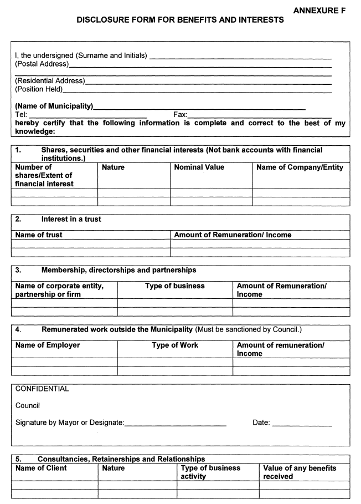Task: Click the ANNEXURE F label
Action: click(319, 11)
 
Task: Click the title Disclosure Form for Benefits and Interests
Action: click(180, 20)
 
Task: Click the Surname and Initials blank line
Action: click(240, 58)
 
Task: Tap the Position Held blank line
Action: click(197, 91)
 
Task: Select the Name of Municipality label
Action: click(54, 106)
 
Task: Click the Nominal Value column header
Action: click(199, 167)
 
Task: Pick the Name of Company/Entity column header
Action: click(300, 167)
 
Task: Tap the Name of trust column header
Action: click(39, 235)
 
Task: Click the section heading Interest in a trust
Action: click(71, 219)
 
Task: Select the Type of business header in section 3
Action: click(175, 286)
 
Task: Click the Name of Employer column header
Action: click(48, 345)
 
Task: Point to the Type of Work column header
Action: click(175, 345)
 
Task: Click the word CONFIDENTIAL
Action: click(42, 389)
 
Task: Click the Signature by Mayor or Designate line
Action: click(176, 425)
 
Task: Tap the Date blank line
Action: click(302, 425)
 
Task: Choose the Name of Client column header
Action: click(41, 468)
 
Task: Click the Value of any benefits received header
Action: click(300, 472)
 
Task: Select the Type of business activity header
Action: click(211, 472)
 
